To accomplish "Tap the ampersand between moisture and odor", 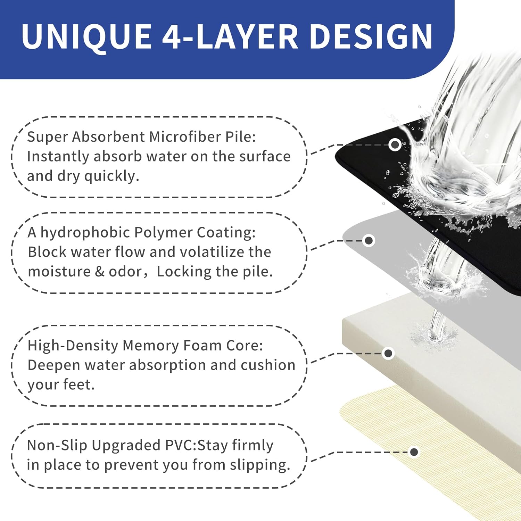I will (100, 272).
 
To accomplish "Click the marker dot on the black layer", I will (395, 144).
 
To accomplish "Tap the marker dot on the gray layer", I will (369, 240).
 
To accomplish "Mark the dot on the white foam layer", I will (388, 354).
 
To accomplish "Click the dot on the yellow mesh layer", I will (414, 452).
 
